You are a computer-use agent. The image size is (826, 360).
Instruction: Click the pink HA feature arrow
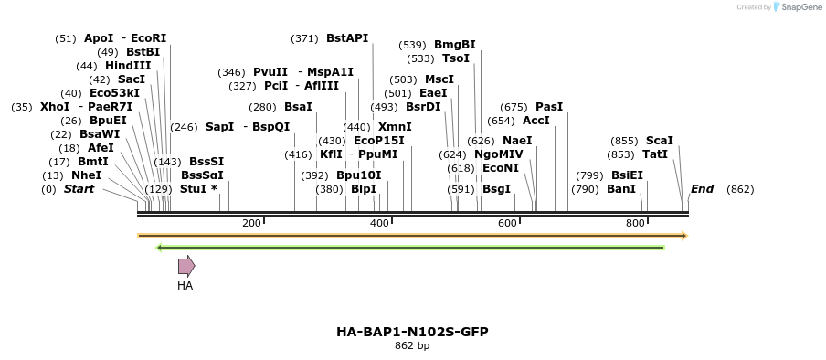[x=185, y=266]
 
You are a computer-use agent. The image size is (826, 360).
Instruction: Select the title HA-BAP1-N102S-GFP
[x=412, y=331]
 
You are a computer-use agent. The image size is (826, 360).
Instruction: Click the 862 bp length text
[x=412, y=346]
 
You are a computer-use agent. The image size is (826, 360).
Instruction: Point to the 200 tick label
[x=251, y=223]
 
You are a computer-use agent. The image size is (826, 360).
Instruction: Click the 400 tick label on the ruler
[x=379, y=223]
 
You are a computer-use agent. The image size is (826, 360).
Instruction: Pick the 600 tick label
[x=507, y=223]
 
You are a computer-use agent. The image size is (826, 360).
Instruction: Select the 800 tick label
[x=635, y=223]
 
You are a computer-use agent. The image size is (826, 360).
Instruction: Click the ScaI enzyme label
[x=659, y=141]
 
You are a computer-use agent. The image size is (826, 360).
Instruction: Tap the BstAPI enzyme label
[x=347, y=38]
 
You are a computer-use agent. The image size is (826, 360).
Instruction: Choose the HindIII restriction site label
[x=128, y=66]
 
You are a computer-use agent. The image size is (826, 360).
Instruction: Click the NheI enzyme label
[x=86, y=175]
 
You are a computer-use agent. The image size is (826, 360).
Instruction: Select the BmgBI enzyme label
[x=454, y=45]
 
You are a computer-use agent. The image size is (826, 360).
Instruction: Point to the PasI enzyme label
[x=549, y=107]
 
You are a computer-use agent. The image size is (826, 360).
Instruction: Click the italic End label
[x=702, y=189]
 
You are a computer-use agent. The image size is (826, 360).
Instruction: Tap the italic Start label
[x=79, y=189]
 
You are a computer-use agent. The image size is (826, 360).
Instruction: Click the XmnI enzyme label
[x=395, y=127]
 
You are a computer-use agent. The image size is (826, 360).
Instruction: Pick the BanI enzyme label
[x=620, y=189]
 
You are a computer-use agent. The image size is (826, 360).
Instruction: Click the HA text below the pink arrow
[x=185, y=286]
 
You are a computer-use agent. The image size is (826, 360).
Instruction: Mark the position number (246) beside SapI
[x=184, y=127]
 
